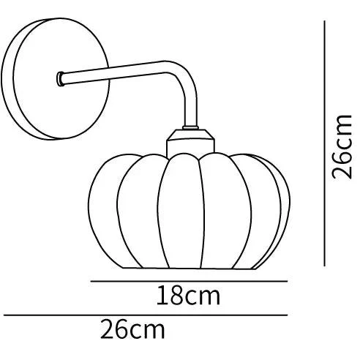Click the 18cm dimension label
tap(188, 296)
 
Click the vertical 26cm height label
tap(342, 146)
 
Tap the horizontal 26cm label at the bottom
tap(132, 329)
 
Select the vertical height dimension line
tap(324, 143)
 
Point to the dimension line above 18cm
tap(189, 281)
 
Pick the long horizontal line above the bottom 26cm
tap(146, 315)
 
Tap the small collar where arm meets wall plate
tap(60, 79)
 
